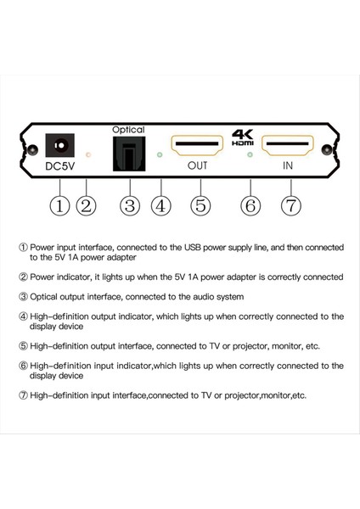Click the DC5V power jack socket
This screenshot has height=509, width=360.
click(59, 146)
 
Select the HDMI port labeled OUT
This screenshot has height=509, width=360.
click(197, 148)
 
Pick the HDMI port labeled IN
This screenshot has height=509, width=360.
click(289, 148)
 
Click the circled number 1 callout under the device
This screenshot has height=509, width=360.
click(59, 204)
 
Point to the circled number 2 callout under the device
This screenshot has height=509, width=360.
click(86, 204)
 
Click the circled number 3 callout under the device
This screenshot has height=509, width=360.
click(129, 204)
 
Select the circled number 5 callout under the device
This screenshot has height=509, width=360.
click(199, 204)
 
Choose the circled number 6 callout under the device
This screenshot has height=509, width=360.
click(250, 204)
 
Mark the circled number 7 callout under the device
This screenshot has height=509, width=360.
click(288, 204)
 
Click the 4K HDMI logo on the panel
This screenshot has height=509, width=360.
click(243, 137)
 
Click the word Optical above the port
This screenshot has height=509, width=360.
click(128, 130)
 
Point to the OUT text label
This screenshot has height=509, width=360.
click(197, 166)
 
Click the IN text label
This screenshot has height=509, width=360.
click(289, 166)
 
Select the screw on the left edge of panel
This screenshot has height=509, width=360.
click(31, 150)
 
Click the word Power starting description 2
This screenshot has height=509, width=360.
click(44, 277)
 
